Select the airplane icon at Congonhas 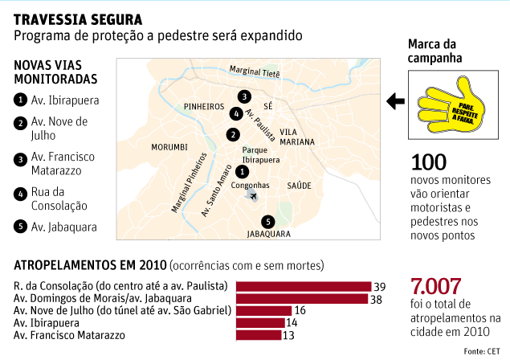click(x=254, y=197)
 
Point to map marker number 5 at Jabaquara click(x=267, y=223)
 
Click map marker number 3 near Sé click(x=243, y=96)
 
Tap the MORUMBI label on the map click(x=169, y=147)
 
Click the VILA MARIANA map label click(x=298, y=137)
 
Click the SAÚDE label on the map click(x=299, y=186)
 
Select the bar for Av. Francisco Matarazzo click(x=259, y=334)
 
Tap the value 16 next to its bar click(x=298, y=310)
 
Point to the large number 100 click(x=428, y=163)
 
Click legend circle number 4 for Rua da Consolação click(x=19, y=193)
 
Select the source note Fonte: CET click(x=484, y=351)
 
